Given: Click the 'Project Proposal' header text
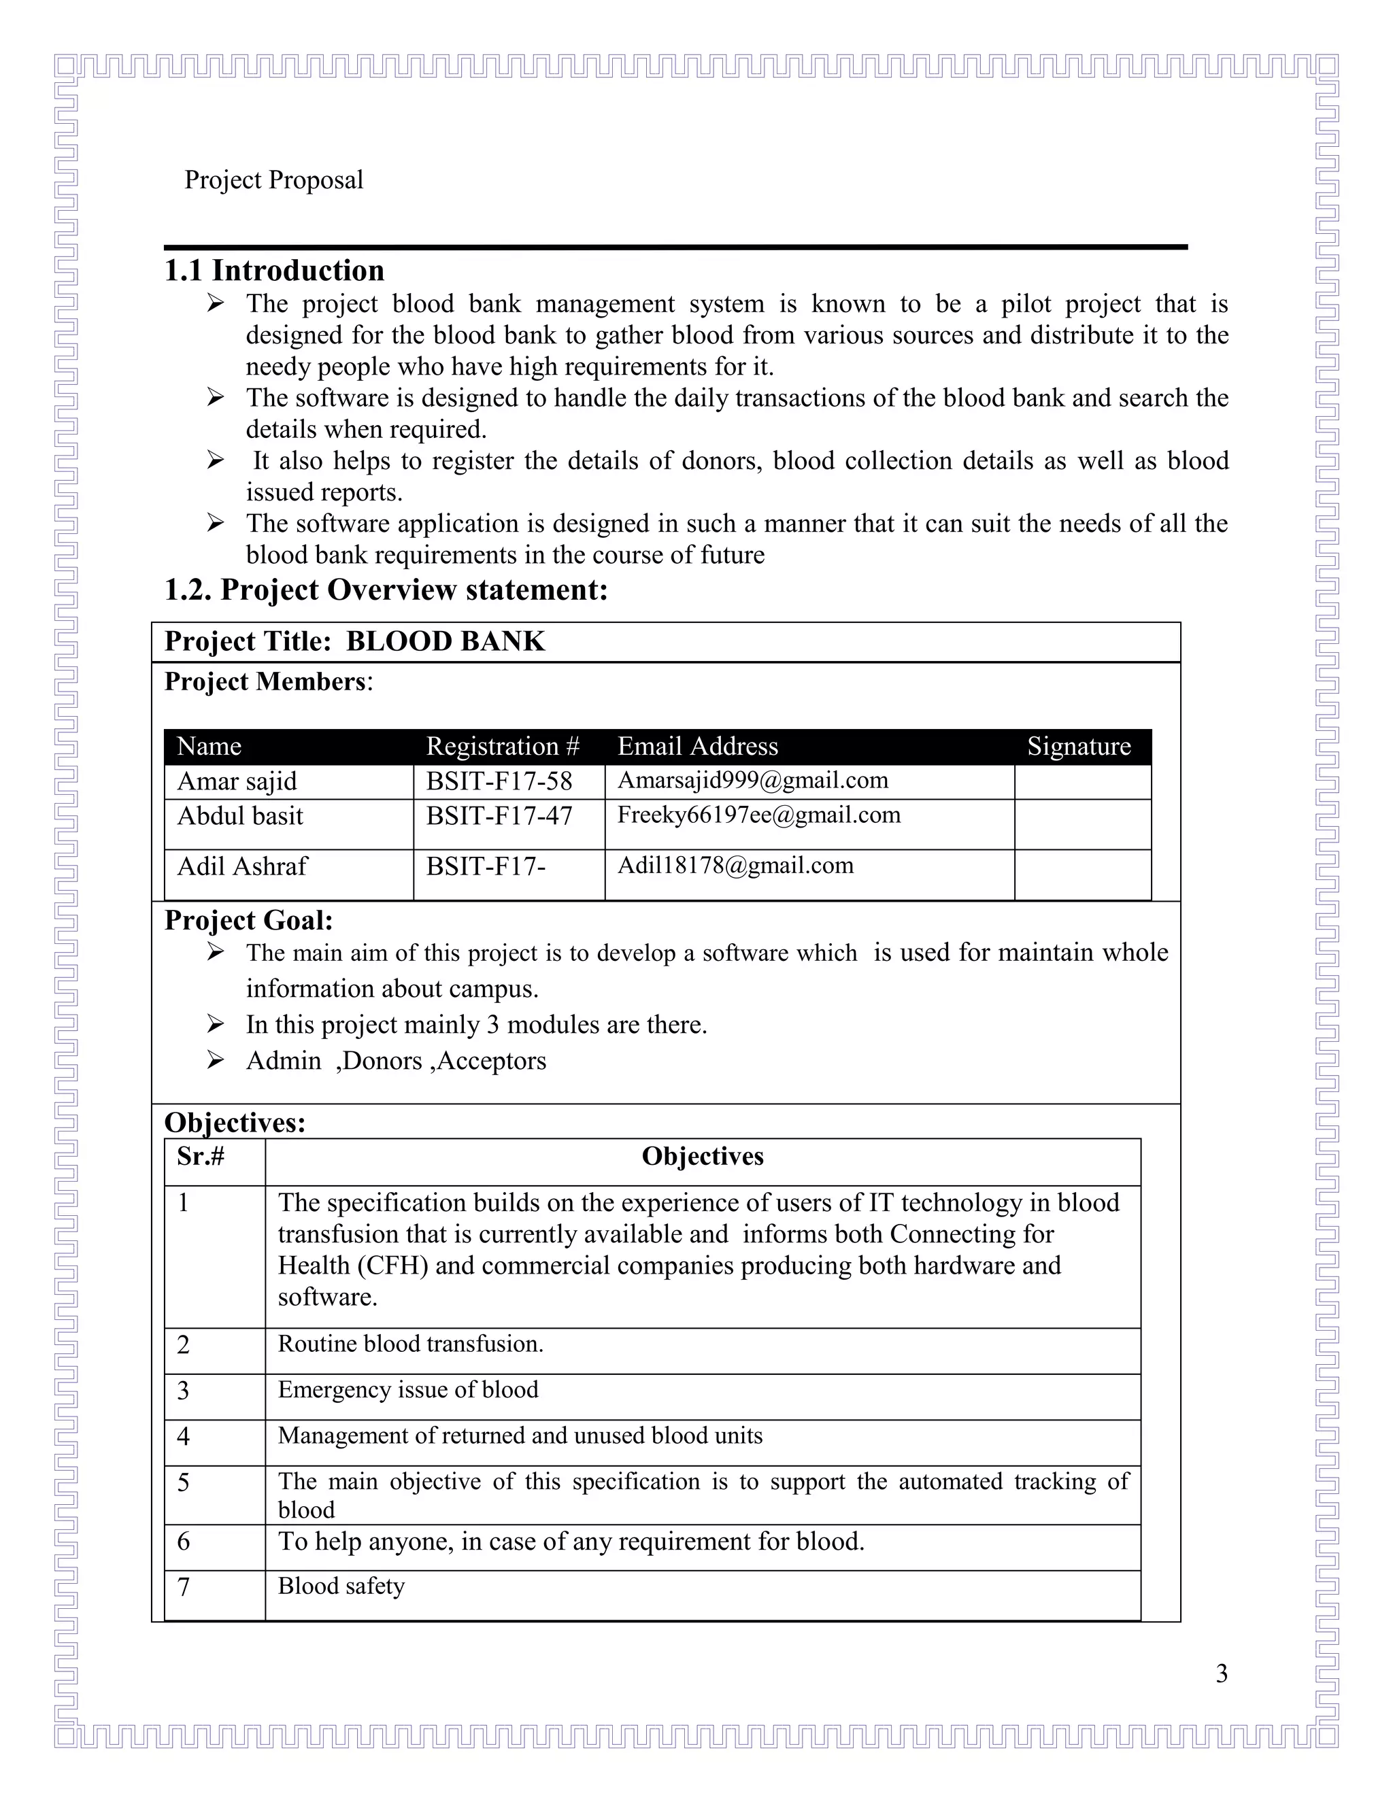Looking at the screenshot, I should tap(273, 180).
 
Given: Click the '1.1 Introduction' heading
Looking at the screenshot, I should tap(274, 271).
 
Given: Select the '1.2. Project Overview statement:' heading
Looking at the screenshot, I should tap(386, 590).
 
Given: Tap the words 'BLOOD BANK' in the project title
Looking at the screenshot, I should tap(445, 642).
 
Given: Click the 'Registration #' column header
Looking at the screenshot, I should tap(503, 747).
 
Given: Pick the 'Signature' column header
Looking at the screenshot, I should tap(1078, 747).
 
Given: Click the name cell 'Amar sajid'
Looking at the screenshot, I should tap(237, 781).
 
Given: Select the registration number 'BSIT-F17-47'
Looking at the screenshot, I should tap(499, 816).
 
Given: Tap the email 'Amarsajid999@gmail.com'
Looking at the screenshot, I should tap(753, 781).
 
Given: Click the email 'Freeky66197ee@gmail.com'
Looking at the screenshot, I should tap(758, 815).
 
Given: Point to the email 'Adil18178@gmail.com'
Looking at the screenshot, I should tap(735, 866).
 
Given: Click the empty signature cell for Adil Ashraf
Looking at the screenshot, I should tap(1082, 874).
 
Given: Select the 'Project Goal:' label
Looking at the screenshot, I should tap(248, 921).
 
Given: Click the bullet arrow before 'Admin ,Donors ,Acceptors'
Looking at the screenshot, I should tap(216, 1060).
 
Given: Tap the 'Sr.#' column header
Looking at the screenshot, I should tap(201, 1157).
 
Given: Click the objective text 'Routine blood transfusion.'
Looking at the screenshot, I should tap(410, 1344).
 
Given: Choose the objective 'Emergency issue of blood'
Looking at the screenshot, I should tap(407, 1391).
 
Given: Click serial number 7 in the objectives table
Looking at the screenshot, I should tap(184, 1586).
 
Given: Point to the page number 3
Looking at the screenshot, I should tap(1222, 1674).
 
